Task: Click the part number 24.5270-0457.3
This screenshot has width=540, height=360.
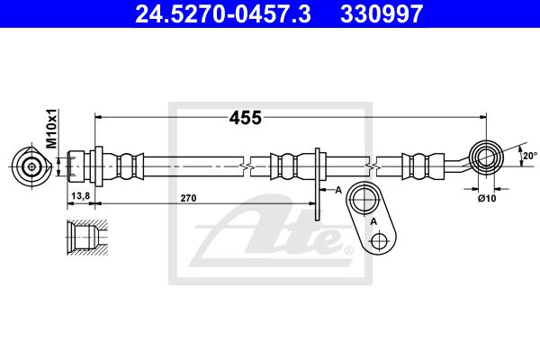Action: tap(223, 13)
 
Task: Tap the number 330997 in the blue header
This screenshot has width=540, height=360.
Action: tap(382, 13)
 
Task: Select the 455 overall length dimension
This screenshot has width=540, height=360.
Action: tap(245, 118)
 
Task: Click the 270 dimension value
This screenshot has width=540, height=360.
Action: tap(188, 198)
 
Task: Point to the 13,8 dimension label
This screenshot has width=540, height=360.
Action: tap(81, 195)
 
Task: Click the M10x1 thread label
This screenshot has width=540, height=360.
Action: tap(52, 129)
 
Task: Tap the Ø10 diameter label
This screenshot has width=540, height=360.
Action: tap(487, 198)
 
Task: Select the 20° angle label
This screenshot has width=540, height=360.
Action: tap(530, 156)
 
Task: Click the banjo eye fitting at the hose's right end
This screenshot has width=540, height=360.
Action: tap(486, 157)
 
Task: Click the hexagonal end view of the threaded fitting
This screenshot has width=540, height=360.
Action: tap(31, 166)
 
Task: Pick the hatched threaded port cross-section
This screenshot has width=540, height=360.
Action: tap(87, 238)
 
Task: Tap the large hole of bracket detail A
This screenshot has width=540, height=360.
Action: tap(364, 199)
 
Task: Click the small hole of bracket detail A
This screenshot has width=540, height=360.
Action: tap(379, 240)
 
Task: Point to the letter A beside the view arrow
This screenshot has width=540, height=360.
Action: tap(338, 190)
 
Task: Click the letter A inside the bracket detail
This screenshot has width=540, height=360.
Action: tap(373, 222)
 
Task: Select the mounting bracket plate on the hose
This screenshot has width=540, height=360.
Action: tap(317, 184)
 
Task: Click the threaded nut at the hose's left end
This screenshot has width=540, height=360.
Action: tap(76, 166)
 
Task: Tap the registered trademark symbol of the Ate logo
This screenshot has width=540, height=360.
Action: tap(349, 250)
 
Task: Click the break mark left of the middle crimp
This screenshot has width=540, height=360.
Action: tap(247, 167)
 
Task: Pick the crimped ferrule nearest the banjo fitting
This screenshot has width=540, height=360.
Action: tap(423, 166)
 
